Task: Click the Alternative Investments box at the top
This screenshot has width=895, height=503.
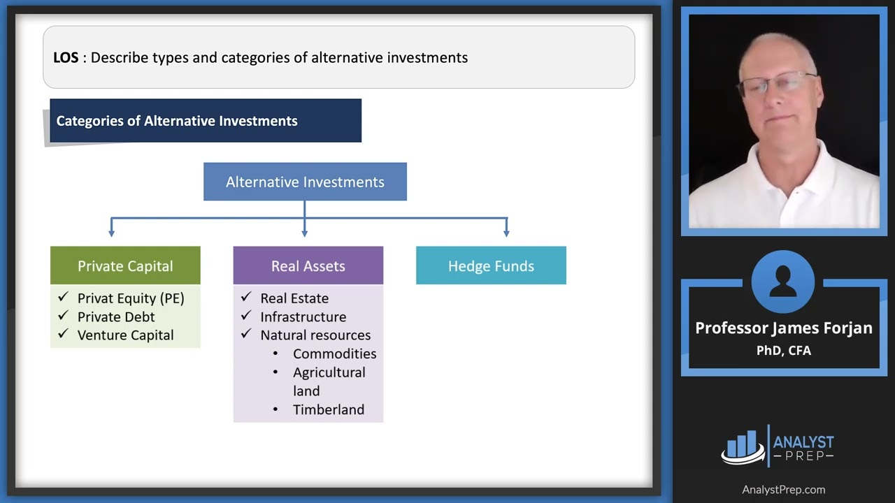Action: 305,182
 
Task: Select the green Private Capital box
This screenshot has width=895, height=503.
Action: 125,265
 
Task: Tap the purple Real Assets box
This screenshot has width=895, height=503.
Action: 308,265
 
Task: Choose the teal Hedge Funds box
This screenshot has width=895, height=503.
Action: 491,265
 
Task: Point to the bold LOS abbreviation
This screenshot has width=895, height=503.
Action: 66,57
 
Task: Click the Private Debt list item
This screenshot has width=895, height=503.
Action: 116,316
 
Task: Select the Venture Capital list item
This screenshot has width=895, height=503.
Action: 125,335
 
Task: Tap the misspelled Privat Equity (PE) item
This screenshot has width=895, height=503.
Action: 131,298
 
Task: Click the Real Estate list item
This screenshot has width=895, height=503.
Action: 294,298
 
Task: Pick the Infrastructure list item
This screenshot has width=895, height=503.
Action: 303,316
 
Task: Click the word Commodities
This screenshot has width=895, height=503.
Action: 334,353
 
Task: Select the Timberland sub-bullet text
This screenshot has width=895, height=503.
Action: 328,409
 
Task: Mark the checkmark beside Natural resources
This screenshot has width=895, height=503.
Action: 245,335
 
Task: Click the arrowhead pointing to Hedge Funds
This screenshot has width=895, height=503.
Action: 506,232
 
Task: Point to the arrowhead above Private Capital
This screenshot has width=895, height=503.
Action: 111,232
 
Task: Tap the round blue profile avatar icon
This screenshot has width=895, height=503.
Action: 783,282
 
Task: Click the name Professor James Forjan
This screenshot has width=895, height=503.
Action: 783,328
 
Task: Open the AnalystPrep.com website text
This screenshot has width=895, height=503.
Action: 783,490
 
